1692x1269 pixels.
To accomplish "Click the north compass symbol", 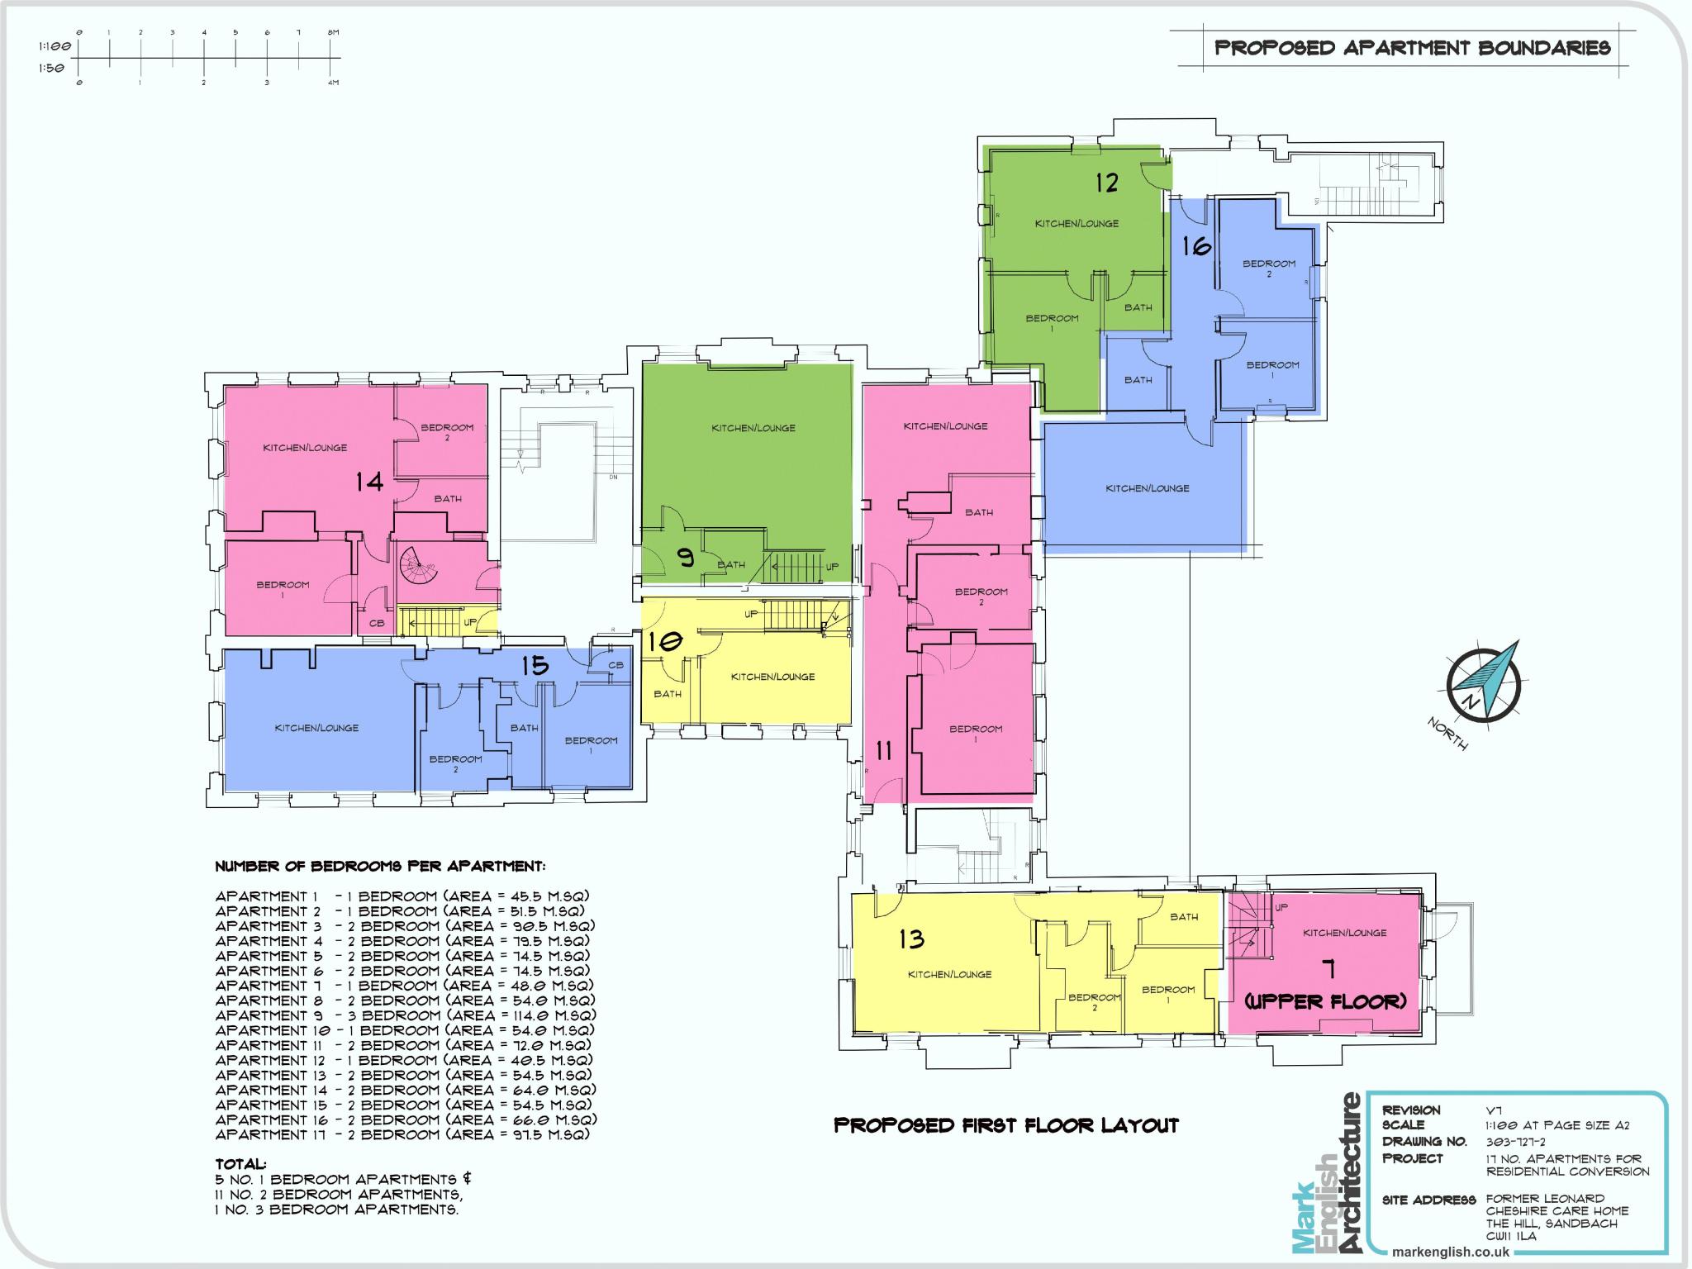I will [x=1484, y=682].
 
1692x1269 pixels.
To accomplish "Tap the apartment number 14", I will [x=369, y=482].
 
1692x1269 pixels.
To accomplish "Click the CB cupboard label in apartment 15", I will [x=615, y=665].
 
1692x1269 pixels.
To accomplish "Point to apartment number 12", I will [x=1106, y=182].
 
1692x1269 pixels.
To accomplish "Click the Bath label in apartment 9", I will [x=730, y=565].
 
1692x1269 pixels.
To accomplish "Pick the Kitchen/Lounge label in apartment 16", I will [x=1147, y=488].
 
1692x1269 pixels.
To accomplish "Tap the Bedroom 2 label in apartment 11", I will [x=981, y=596].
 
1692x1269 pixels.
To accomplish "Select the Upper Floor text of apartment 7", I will [x=1325, y=1001].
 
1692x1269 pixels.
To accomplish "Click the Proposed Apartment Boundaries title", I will [x=1412, y=48].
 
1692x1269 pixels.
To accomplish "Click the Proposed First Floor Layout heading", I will [x=1005, y=1125].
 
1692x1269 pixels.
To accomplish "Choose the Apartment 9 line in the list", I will [x=406, y=1015].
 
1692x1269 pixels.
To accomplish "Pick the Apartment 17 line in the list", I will [x=402, y=1134].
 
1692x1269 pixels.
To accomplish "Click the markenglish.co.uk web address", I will [x=1450, y=1252].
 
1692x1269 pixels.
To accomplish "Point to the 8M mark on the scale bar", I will [x=332, y=32].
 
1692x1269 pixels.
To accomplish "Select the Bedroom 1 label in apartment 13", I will [x=1167, y=994].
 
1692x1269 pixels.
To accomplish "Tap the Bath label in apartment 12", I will [x=1138, y=307].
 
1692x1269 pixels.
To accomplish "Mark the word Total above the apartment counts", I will [x=240, y=1163].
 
